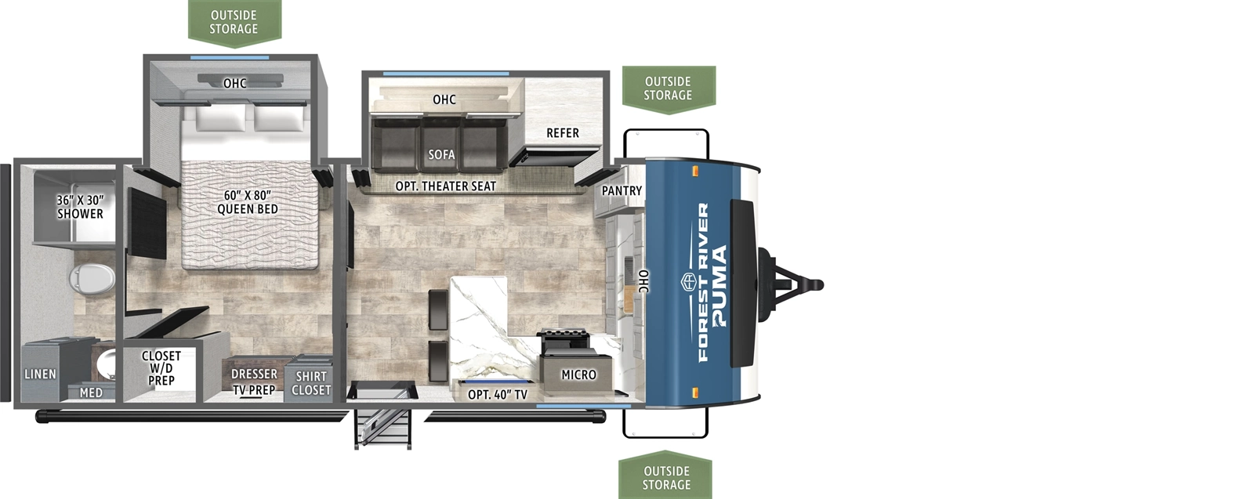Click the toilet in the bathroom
click(x=92, y=277)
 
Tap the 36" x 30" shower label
click(x=80, y=207)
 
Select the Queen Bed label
click(x=247, y=202)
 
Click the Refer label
click(x=563, y=133)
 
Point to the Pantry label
click(x=622, y=191)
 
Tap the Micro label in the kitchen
click(x=578, y=375)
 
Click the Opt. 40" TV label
click(x=497, y=395)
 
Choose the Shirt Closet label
click(x=311, y=383)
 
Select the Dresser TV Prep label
click(x=254, y=382)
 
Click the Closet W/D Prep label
click(x=161, y=368)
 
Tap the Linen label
click(x=40, y=374)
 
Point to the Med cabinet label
click(x=91, y=392)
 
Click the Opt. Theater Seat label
click(x=445, y=186)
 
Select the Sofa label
click(x=441, y=154)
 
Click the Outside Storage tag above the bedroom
click(x=234, y=23)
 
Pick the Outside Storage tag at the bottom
click(x=666, y=477)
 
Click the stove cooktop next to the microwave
click(x=564, y=341)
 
